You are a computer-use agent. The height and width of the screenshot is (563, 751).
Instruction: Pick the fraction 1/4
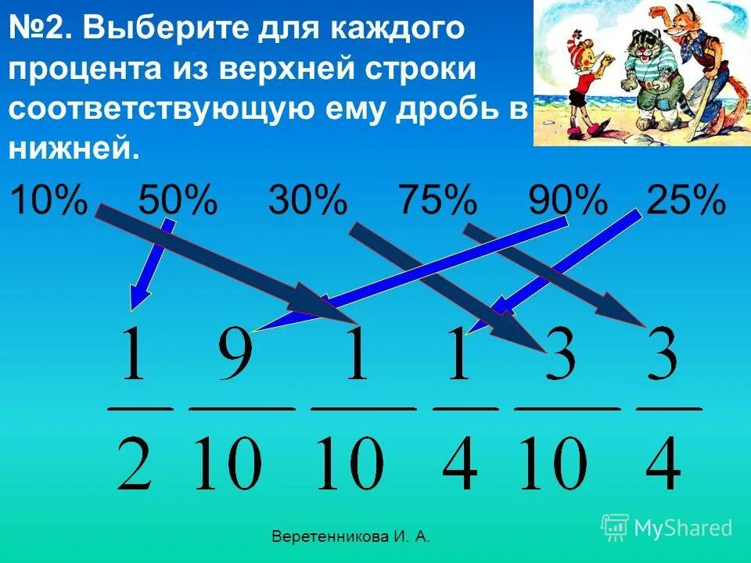click(465, 408)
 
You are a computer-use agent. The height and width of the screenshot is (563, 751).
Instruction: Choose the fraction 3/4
click(669, 408)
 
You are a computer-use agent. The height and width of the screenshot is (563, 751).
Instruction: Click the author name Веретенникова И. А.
click(350, 536)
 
